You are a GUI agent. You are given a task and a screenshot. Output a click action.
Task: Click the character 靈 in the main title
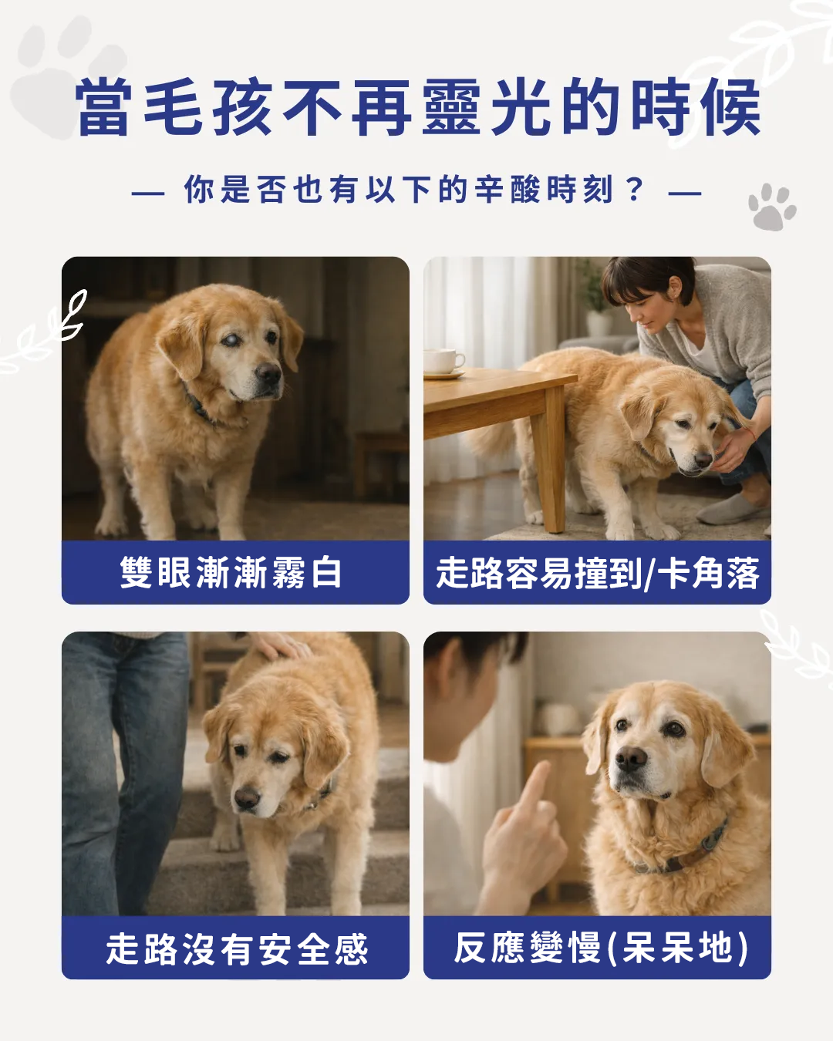click(452, 108)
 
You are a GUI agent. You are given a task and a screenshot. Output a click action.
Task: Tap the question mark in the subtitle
click(635, 189)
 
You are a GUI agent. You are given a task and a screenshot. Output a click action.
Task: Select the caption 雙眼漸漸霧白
click(231, 573)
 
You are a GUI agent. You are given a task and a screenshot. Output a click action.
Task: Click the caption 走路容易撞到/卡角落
click(597, 573)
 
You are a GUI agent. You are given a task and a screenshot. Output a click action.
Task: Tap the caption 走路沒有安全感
click(236, 948)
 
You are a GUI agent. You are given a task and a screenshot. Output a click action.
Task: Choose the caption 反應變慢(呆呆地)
click(600, 948)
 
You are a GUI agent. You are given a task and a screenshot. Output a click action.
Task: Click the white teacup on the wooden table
click(443, 360)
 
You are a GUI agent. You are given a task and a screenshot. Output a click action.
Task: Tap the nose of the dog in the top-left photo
click(268, 376)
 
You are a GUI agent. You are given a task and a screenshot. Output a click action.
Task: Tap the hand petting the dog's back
click(282, 646)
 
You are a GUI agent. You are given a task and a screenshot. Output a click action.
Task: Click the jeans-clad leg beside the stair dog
click(123, 771)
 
